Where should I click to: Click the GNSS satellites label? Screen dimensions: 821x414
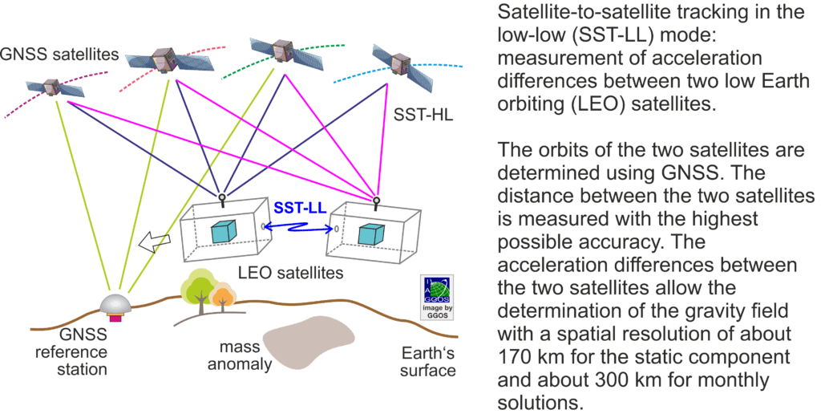pos(59,54)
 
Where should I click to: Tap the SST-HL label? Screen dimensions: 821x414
pos(423,114)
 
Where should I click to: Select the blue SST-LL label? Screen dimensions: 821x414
pos(300,208)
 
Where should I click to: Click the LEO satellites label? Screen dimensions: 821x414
pos(291,273)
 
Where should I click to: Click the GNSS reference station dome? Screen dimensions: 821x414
pos(115,305)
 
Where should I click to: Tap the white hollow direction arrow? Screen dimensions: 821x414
pos(155,242)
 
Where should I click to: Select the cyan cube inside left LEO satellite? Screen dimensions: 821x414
pos(224,230)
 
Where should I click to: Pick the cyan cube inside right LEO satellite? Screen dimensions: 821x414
pos(371,233)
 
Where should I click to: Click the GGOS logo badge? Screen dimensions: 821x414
pos(438,297)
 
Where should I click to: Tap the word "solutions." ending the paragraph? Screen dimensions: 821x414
pos(540,403)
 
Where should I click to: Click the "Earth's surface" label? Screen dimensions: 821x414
pos(428,361)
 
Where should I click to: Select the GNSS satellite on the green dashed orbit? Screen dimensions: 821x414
pos(279,49)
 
